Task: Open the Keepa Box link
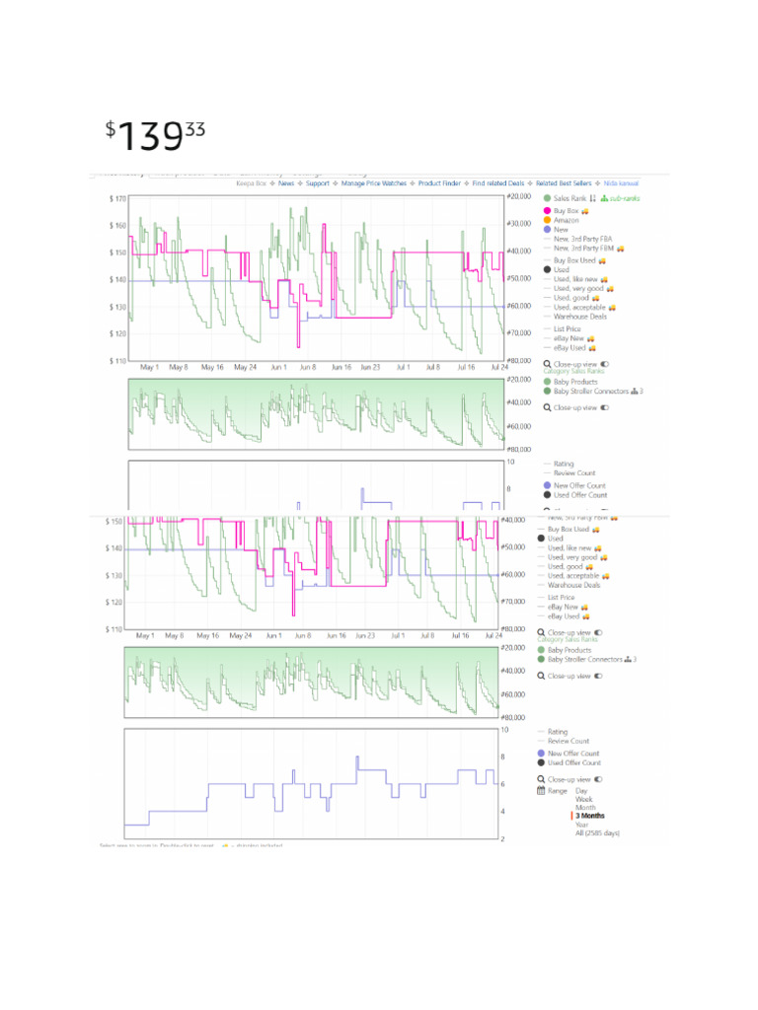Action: point(251,183)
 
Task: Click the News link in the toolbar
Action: point(286,183)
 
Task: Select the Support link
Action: point(318,183)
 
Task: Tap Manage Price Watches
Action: point(374,183)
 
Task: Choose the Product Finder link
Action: point(439,183)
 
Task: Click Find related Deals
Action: point(498,183)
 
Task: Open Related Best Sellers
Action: point(564,183)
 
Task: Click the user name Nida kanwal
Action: point(621,183)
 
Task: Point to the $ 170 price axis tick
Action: point(117,198)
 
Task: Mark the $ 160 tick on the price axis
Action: point(117,225)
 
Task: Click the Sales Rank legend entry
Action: point(570,198)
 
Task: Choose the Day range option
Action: point(581,791)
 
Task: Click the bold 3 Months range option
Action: point(591,816)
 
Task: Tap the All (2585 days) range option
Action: point(598,833)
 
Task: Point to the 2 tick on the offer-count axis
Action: point(504,838)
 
